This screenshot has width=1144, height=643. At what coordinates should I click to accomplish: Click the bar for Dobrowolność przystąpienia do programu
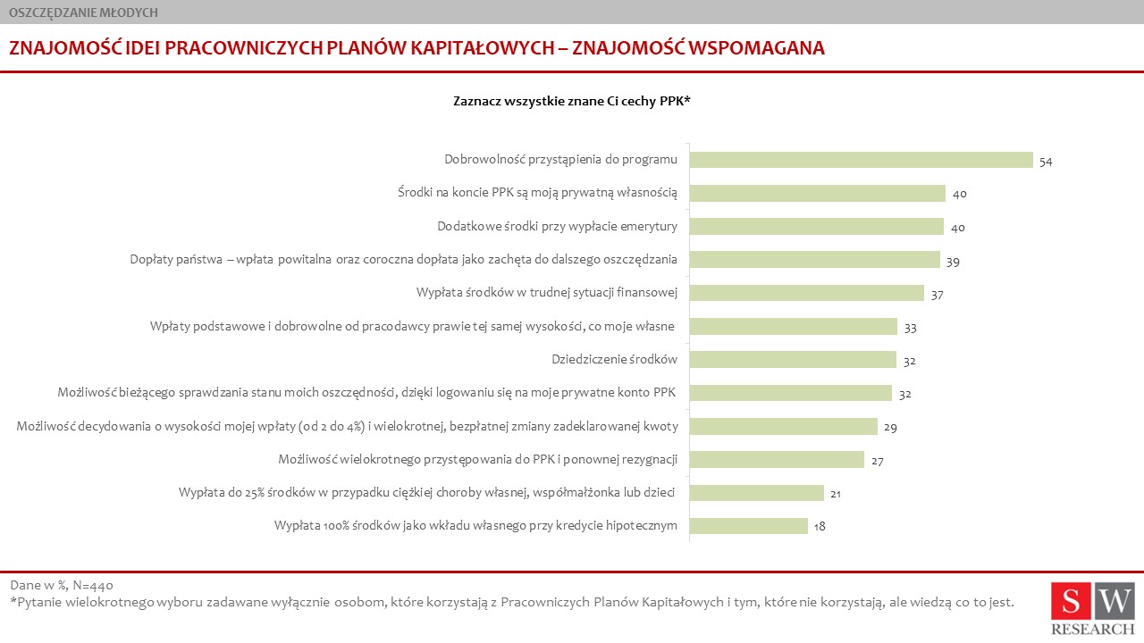click(x=861, y=160)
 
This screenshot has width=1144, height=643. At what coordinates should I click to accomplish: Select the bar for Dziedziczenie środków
click(x=793, y=359)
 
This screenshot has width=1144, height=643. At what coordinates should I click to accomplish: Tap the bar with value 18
click(x=749, y=526)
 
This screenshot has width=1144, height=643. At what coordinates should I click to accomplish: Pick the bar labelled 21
click(x=756, y=492)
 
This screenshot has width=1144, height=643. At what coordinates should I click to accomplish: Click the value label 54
click(x=1046, y=162)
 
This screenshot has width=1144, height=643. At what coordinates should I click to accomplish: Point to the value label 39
click(x=953, y=262)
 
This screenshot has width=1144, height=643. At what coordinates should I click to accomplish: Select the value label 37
click(x=938, y=295)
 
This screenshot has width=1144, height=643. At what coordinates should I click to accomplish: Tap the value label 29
click(x=891, y=428)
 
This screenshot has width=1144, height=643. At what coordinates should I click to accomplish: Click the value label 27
click(x=878, y=462)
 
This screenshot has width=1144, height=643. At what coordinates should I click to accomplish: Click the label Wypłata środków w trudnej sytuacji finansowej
click(x=546, y=292)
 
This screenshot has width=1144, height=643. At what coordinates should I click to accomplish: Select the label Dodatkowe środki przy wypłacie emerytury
click(x=557, y=226)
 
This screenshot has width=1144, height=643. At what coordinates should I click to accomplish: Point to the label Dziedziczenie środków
click(x=614, y=359)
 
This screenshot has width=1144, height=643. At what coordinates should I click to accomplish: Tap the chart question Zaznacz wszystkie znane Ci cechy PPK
click(x=572, y=101)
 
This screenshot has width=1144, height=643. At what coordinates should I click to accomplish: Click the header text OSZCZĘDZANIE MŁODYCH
click(x=83, y=13)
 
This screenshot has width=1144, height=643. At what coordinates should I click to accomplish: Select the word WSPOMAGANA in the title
click(x=756, y=48)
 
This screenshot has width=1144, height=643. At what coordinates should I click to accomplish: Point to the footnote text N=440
click(x=93, y=585)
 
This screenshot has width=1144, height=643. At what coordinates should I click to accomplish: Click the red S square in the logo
click(x=1071, y=601)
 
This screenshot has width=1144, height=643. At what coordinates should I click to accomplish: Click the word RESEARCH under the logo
click(x=1093, y=630)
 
